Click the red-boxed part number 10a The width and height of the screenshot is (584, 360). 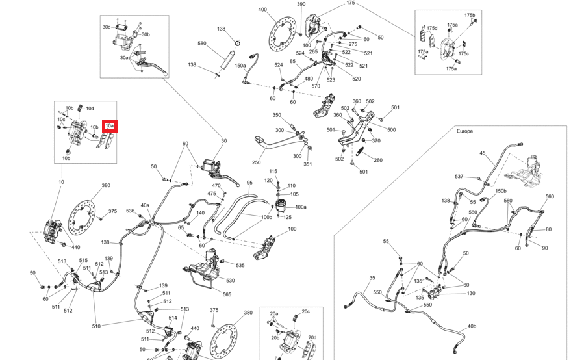pyautogui.click(x=109, y=125)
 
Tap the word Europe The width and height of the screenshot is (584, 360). pyautogui.click(x=464, y=131)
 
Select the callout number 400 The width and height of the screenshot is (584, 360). pyautogui.click(x=262, y=10)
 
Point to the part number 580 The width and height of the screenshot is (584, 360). pyautogui.click(x=201, y=44)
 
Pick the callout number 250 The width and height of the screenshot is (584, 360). pyautogui.click(x=257, y=162)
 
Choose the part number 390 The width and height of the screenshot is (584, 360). pyautogui.click(x=301, y=4)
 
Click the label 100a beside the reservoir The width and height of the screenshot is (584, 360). pyautogui.click(x=301, y=207)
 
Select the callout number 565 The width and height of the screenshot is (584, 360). pyautogui.click(x=227, y=294)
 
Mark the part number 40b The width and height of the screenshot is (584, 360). pyautogui.click(x=472, y=326)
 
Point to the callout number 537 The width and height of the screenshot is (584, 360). pyautogui.click(x=459, y=177)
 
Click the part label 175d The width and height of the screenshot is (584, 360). pyautogui.click(x=432, y=28)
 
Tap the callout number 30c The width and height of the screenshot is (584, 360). pyautogui.click(x=107, y=27)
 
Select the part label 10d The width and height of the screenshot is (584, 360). pyautogui.click(x=90, y=108)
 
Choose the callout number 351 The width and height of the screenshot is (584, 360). pyautogui.click(x=308, y=164)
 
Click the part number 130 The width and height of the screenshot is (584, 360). pyautogui.click(x=471, y=293)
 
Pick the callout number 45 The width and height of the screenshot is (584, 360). pyautogui.click(x=483, y=153)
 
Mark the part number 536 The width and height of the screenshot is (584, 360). pyautogui.click(x=130, y=211)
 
